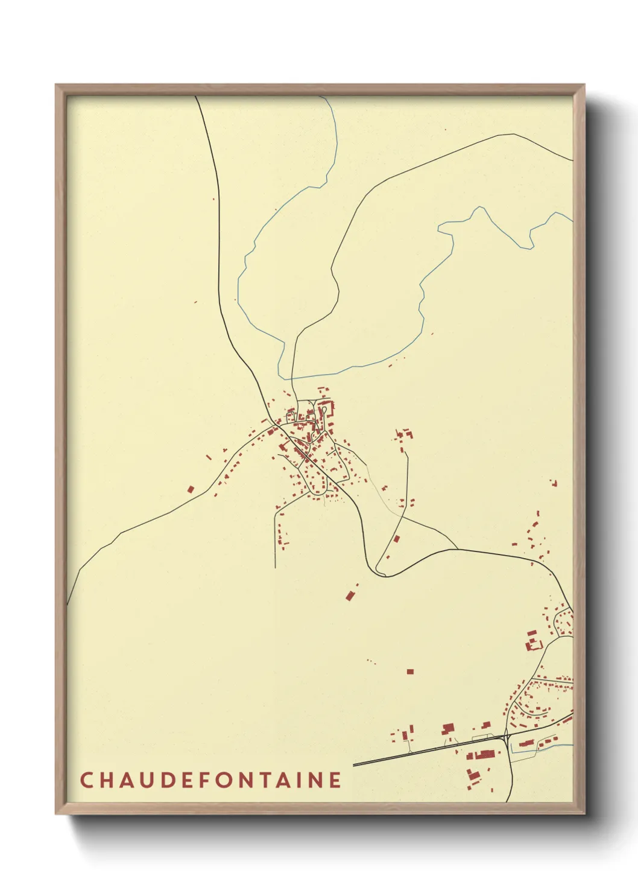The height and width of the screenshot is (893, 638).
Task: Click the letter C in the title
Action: tap(86, 780)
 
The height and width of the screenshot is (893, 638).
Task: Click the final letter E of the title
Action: tap(336, 780)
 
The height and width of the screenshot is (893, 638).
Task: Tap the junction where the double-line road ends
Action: tap(505, 737)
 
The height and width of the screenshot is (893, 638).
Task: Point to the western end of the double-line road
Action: tap(353, 764)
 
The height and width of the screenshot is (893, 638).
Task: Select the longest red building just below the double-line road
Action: tap(484, 754)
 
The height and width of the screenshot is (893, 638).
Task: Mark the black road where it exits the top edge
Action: tap(196, 97)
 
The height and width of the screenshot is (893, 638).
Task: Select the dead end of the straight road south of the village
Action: tap(275, 567)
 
